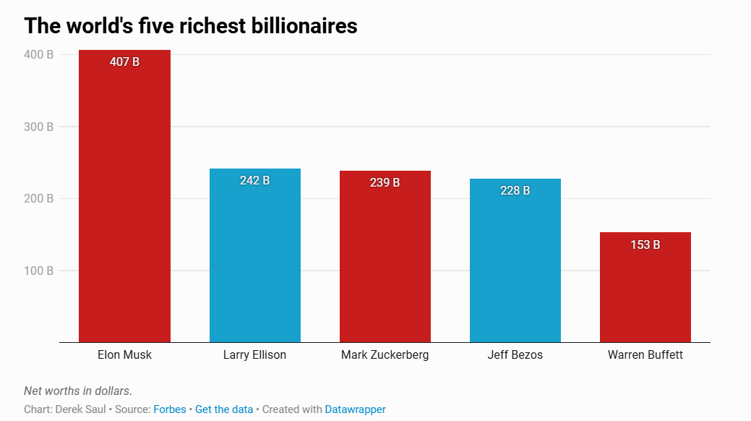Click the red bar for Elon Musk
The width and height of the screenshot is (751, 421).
click(124, 203)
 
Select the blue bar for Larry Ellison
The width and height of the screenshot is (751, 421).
click(254, 260)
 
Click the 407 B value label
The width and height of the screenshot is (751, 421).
click(124, 62)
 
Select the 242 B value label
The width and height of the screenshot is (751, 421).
click(254, 180)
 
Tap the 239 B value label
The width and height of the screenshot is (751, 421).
click(385, 182)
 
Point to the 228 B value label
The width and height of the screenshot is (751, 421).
click(515, 190)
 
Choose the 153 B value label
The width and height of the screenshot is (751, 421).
click(645, 244)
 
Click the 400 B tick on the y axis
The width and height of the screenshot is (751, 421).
click(38, 54)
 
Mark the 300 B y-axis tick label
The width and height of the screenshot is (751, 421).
click(38, 127)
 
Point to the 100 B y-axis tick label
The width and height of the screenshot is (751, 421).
click(38, 271)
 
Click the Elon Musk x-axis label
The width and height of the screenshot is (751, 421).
click(124, 355)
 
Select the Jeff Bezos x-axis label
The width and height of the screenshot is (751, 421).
click(515, 355)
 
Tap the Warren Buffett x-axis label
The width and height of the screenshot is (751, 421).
click(645, 355)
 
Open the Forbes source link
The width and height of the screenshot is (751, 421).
click(170, 409)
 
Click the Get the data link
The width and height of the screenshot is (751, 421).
click(224, 409)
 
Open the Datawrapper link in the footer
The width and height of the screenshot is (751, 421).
click(355, 409)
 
